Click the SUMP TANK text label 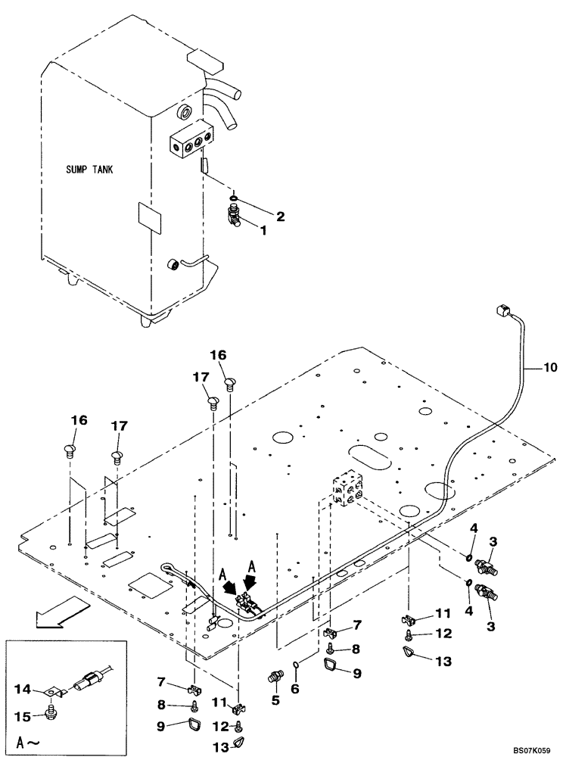(x=89, y=171)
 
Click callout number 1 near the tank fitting (x=263, y=230)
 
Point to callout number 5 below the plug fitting (x=275, y=700)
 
